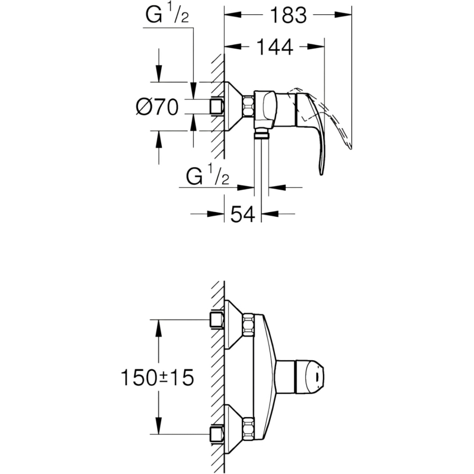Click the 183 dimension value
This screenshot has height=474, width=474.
[288, 15]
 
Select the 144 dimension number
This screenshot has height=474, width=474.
[275, 47]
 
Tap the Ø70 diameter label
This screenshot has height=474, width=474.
[157, 107]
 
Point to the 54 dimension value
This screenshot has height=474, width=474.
[243, 214]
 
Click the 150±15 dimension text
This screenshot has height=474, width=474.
[157, 377]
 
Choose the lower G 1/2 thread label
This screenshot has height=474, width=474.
[208, 177]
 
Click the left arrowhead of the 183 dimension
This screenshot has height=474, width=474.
[233, 15]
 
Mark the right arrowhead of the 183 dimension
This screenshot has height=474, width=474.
[343, 15]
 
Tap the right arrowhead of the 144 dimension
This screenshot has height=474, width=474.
[316, 47]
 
